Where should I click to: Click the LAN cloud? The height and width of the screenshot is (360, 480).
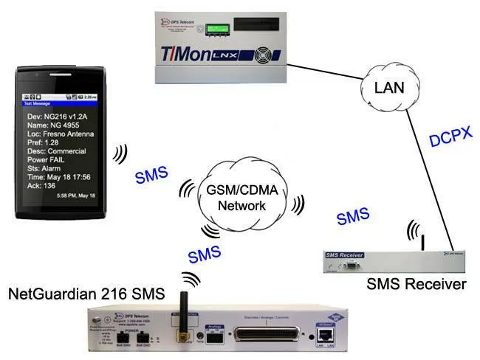(x=389, y=88)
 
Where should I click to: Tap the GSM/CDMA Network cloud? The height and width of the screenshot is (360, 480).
(x=243, y=196)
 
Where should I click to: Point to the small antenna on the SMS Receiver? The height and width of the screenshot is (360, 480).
(x=422, y=242)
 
